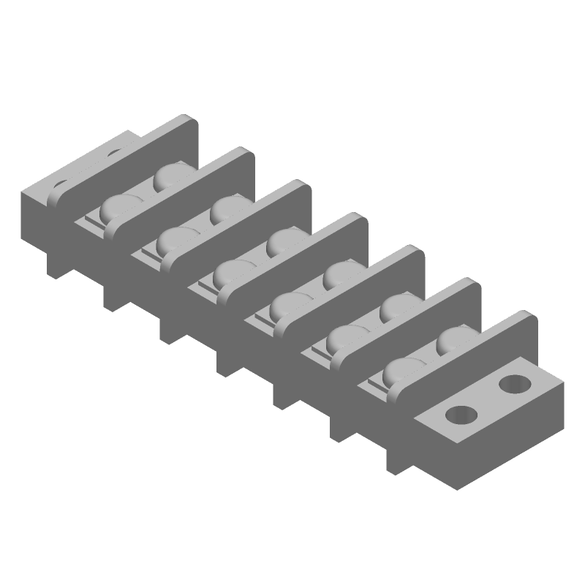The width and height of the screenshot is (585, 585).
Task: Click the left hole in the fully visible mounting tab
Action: (x=461, y=415)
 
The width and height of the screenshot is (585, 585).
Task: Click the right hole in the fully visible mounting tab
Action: (x=516, y=382)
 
